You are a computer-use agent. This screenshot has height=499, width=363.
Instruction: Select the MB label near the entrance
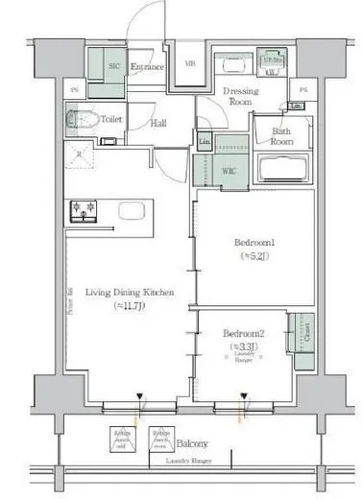click(189, 64)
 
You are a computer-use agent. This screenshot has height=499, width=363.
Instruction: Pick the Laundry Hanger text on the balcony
click(188, 463)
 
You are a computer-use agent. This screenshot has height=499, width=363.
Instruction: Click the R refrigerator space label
click(79, 153)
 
